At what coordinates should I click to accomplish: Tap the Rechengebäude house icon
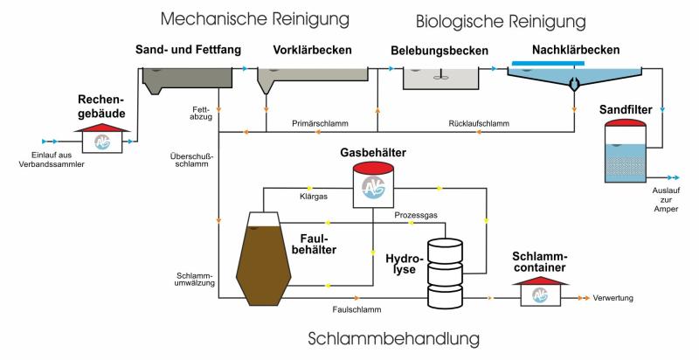(x=101, y=141)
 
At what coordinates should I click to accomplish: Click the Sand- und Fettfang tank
(x=188, y=80)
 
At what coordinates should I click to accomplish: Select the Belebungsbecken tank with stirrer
(x=440, y=78)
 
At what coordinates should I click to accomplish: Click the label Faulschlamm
(x=356, y=308)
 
